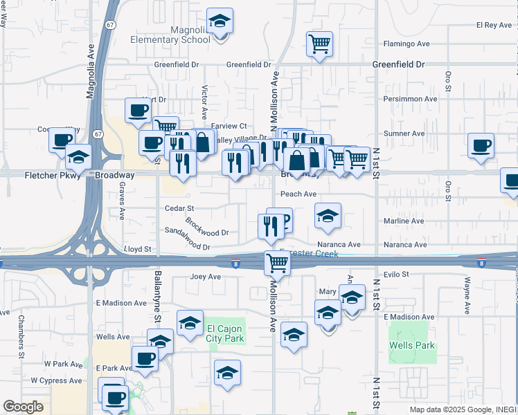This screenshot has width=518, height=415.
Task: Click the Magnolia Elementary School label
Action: [170, 35]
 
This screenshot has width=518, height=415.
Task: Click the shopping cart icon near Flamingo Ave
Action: [319, 44]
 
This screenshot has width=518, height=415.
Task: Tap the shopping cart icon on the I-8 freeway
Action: [277, 262]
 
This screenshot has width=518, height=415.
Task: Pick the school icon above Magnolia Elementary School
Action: [220, 22]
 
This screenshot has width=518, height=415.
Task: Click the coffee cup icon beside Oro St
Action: [481, 146]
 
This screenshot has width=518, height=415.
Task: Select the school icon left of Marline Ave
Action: [328, 216]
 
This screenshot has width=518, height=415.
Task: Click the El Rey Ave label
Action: [493, 25]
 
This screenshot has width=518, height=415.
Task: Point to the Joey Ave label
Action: [205, 277]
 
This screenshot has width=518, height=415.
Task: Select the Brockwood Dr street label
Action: [206, 228]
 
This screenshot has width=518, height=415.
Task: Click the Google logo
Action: [23, 407]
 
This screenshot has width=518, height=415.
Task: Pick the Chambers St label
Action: [21, 336]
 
